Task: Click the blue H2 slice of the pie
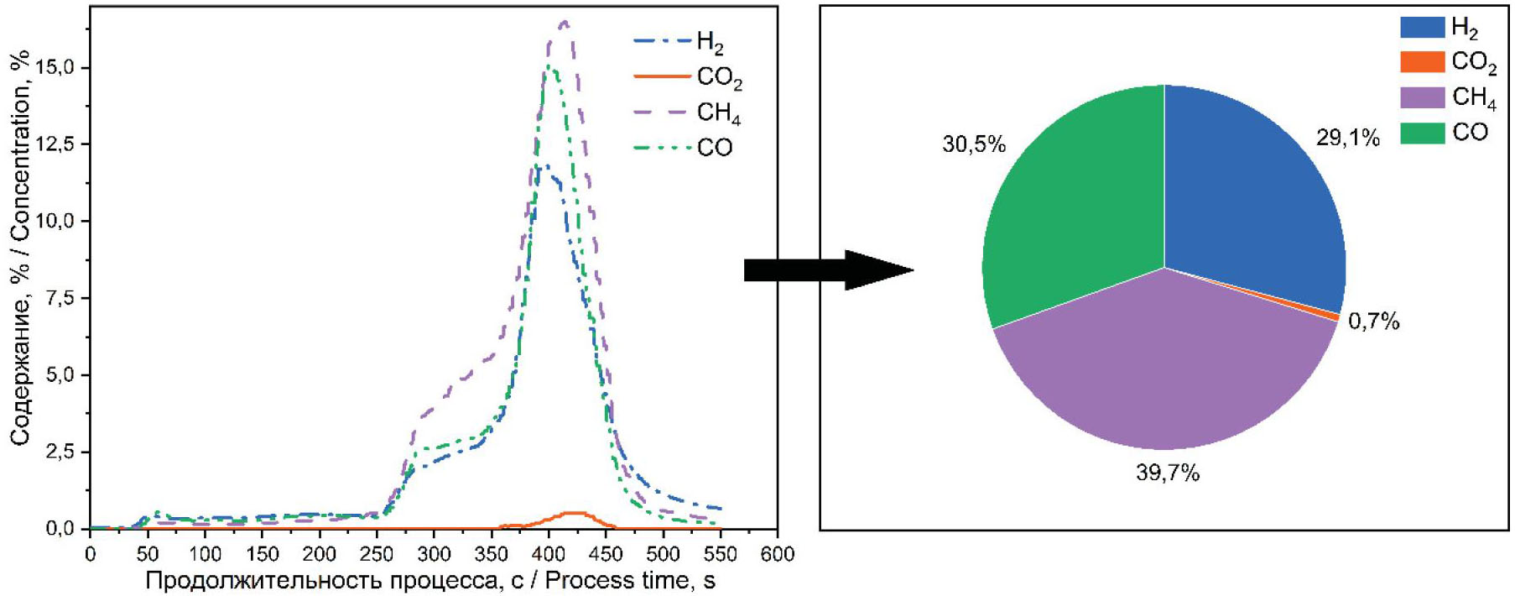pos(1250,193)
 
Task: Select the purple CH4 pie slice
pos(1166,369)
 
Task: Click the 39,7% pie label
pos(1168,473)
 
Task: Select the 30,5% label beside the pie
pos(973,144)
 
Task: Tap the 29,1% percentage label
pos(1347,138)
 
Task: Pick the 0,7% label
pos(1373,322)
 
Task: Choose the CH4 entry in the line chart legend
pos(718,112)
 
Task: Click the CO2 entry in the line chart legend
pos(719,77)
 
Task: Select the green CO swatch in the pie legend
pos(1422,133)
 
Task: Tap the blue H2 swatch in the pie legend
pos(1422,27)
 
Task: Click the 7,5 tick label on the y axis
pos(58,298)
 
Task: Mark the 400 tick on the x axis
pos(549,554)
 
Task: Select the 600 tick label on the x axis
pos(777,554)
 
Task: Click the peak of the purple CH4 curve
pos(564,23)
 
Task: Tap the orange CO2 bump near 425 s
pos(574,513)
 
